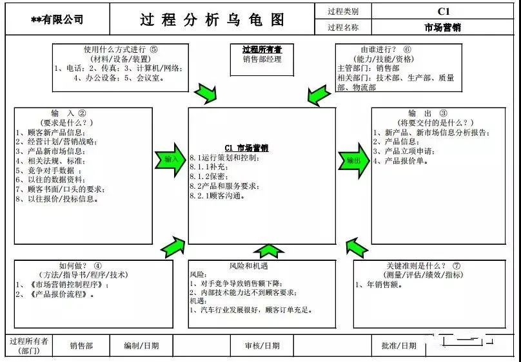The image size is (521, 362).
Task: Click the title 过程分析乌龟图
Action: [212, 19]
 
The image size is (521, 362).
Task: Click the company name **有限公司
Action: [57, 20]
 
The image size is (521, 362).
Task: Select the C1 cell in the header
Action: [443, 12]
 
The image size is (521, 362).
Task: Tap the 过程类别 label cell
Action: [343, 12]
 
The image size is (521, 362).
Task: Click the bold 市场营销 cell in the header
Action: [443, 28]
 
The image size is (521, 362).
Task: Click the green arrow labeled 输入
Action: [170, 158]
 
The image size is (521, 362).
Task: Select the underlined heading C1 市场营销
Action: [246, 148]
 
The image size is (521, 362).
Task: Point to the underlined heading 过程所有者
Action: [262, 50]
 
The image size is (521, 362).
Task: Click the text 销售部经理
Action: [262, 60]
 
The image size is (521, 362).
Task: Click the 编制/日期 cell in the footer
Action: [141, 346]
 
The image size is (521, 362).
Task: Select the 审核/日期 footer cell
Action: [262, 346]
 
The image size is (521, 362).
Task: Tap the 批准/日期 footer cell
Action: [398, 346]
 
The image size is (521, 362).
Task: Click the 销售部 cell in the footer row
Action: [82, 346]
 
